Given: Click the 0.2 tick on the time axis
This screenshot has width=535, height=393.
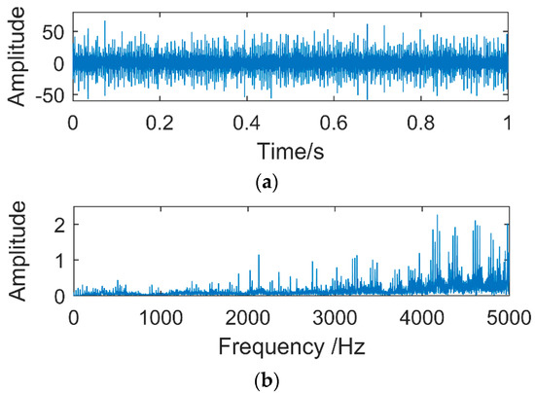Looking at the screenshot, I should tap(160, 124).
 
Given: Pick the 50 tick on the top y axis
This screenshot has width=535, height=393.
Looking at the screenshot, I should tap(53, 32).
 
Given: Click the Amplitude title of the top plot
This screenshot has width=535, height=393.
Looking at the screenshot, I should tap(16, 63).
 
